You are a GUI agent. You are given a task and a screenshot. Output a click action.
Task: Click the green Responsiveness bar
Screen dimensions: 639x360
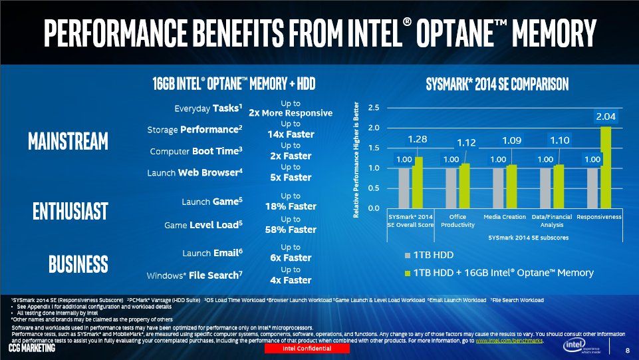point(606,167)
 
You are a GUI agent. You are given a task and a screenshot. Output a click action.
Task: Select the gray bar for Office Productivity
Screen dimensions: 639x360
point(451,188)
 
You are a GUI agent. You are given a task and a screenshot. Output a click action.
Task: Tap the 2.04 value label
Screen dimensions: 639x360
point(606,116)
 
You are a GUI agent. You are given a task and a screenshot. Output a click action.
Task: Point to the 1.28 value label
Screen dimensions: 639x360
point(418,140)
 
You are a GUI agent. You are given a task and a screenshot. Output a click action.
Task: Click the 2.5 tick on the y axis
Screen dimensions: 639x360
point(373,108)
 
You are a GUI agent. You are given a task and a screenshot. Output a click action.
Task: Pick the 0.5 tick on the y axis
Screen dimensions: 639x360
point(373,188)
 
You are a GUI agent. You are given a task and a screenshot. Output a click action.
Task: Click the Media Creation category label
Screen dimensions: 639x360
point(505,217)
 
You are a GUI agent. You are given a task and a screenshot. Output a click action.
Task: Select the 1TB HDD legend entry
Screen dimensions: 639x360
point(429,256)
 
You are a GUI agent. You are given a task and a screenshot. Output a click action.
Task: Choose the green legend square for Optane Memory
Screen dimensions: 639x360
point(407,273)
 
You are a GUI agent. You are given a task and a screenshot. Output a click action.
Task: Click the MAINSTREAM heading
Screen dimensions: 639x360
point(68,141)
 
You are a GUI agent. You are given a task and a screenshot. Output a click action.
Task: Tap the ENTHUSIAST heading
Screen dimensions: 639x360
point(70,211)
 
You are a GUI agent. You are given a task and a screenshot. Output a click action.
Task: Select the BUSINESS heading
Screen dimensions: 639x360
point(78,264)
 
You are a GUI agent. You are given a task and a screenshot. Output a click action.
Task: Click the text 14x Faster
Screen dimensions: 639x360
point(291,134)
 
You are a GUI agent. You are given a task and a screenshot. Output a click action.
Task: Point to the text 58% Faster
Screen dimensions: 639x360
point(291,230)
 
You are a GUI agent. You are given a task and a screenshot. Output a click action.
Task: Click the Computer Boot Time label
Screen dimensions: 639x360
point(196,151)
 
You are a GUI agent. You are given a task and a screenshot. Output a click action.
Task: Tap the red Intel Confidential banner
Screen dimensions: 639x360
point(307,349)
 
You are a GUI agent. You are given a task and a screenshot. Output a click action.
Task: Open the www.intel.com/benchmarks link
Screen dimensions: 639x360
point(509,341)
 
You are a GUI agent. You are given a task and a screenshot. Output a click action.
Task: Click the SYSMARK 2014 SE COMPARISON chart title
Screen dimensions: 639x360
point(497,85)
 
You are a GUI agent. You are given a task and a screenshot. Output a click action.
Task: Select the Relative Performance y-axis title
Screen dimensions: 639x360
point(356,160)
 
